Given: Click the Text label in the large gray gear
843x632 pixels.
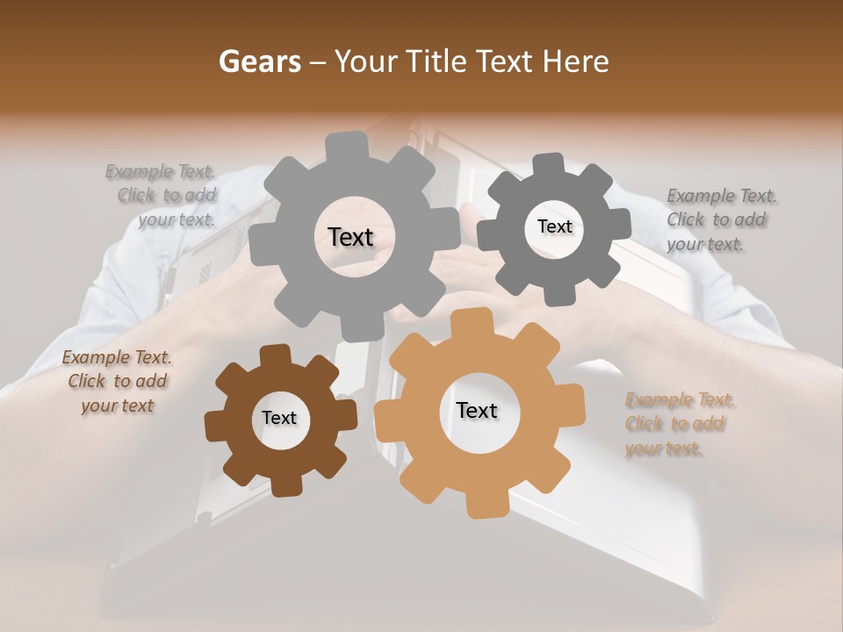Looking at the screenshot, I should [x=350, y=237].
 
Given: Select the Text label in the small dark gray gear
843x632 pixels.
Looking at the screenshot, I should [x=554, y=226].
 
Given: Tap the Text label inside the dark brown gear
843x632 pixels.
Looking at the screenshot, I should [x=279, y=418].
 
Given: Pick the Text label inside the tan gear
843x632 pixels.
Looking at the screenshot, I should [x=477, y=410].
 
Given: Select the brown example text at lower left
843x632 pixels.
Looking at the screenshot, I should [x=116, y=381].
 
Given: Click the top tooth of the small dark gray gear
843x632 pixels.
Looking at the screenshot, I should [x=550, y=164].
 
